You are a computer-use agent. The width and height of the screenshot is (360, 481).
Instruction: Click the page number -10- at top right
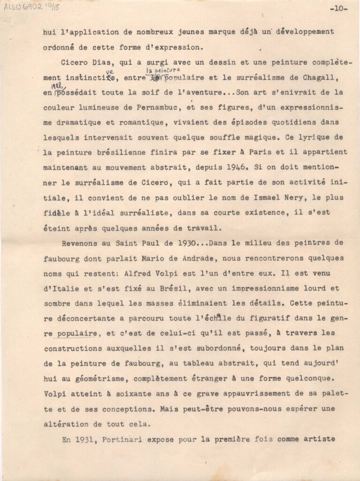[338, 8]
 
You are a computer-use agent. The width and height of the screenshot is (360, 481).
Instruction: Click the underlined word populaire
[77, 333]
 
